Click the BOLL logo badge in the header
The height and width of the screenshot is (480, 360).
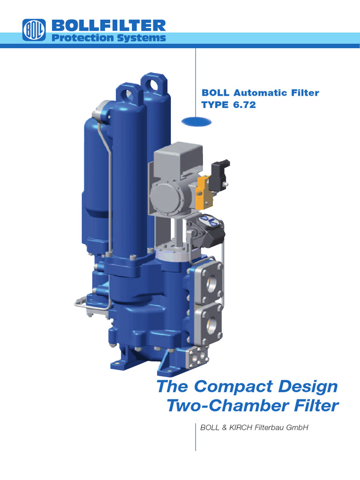(34, 30)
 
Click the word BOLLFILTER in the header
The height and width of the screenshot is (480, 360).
(108, 25)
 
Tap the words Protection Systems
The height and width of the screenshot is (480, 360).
(108, 38)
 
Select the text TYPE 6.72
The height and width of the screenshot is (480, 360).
(229, 105)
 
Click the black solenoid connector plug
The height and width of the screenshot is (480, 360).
(219, 174)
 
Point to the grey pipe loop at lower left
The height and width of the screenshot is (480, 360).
(89, 304)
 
